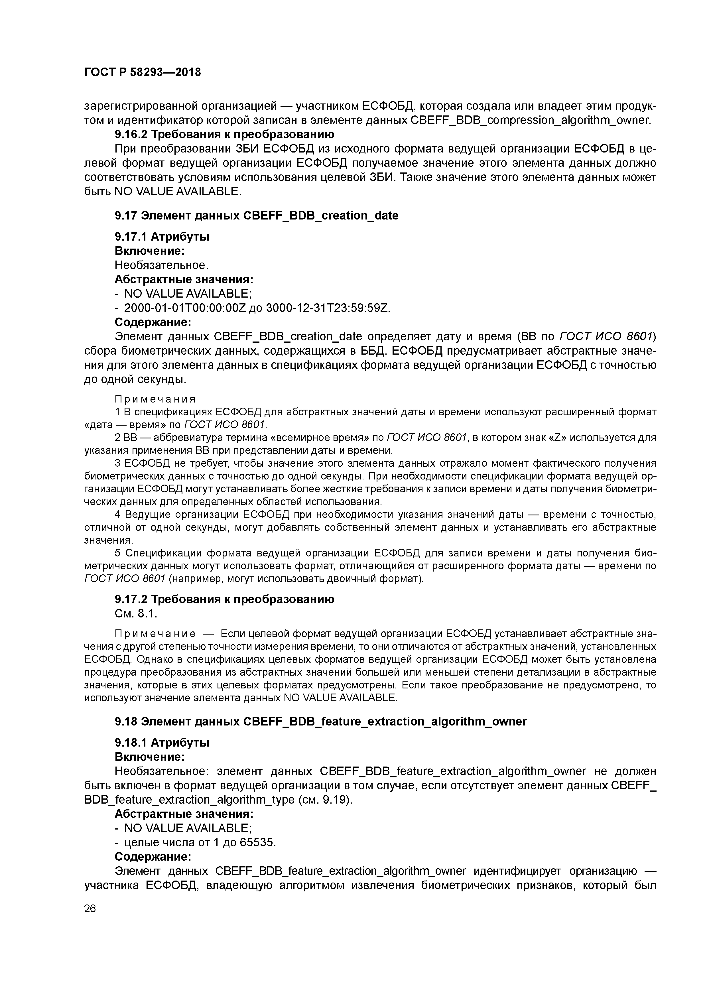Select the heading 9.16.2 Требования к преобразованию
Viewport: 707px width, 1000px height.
(x=224, y=134)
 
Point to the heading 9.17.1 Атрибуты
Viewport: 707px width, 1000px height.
(x=162, y=237)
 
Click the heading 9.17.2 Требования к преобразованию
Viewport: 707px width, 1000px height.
(x=224, y=599)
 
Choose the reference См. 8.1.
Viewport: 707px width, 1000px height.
(x=135, y=614)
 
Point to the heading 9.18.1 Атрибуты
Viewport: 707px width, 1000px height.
(x=162, y=743)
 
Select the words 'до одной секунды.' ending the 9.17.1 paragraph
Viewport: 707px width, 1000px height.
(x=135, y=379)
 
